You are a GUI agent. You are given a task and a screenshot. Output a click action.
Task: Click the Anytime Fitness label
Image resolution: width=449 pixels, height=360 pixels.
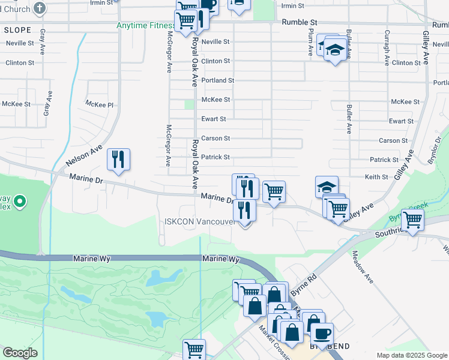(x=145, y=26)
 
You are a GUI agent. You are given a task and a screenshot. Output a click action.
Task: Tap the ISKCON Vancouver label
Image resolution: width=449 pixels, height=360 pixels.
(x=199, y=221)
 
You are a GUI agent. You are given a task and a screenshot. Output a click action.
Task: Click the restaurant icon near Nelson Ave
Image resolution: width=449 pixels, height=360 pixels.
(x=118, y=160)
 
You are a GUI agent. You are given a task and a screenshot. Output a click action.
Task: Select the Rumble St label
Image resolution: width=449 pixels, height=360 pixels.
(x=298, y=22)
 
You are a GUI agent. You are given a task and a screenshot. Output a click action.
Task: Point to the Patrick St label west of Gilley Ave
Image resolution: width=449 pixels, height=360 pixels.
(x=384, y=160)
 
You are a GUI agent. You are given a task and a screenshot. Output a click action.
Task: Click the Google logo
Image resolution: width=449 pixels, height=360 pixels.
(x=20, y=353)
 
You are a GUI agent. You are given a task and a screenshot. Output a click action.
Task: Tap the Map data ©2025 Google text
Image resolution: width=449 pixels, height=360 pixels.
(x=411, y=355)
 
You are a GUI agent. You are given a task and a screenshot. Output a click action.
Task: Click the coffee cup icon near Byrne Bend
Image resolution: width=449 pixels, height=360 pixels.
(x=321, y=334)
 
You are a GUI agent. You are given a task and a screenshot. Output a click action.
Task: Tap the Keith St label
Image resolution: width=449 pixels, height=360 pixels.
(x=376, y=177)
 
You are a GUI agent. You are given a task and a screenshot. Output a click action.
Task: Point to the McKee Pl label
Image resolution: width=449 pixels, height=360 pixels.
(x=99, y=104)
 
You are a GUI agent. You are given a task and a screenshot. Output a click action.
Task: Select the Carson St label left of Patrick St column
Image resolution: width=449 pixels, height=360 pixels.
(x=215, y=138)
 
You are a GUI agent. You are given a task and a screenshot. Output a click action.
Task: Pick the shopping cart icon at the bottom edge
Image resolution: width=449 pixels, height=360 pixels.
(x=194, y=349)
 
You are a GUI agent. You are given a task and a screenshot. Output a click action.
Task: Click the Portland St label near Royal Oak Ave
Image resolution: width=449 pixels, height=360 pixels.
(x=217, y=80)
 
